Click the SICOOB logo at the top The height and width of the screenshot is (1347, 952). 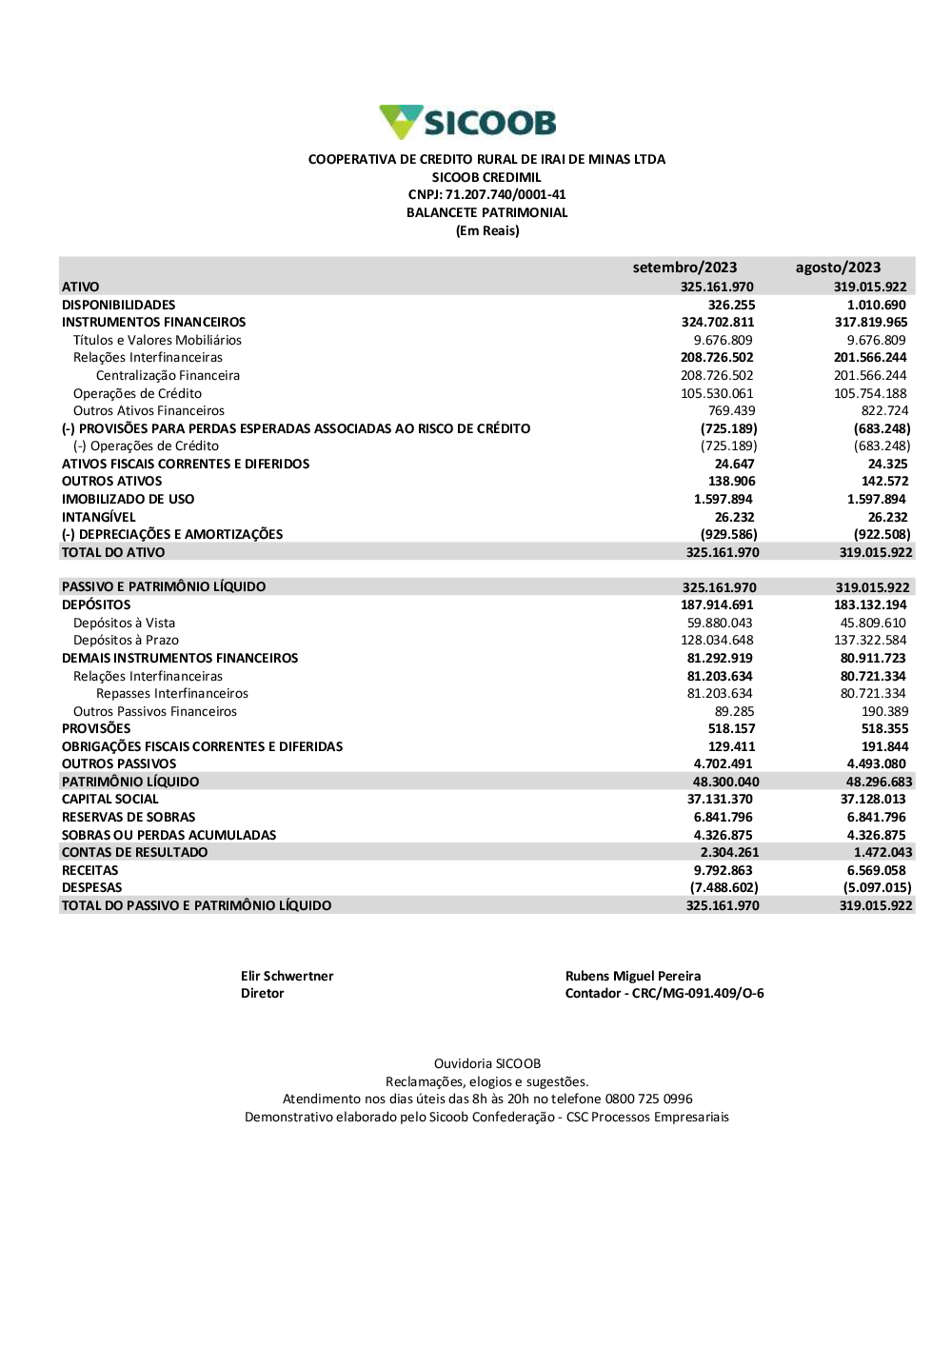[x=467, y=123]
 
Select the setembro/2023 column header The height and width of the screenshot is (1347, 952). [x=684, y=267]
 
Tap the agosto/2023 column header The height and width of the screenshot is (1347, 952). [x=838, y=267]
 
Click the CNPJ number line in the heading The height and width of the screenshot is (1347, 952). [x=486, y=195]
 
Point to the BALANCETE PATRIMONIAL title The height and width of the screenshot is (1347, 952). [x=486, y=213]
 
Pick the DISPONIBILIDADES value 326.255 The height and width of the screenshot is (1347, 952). [x=731, y=305]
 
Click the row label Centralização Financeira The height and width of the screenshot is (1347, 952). [x=168, y=375]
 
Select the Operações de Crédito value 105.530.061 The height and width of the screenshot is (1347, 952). [x=717, y=393]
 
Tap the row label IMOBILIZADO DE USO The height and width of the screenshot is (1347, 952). [x=128, y=499]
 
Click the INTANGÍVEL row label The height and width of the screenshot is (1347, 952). [x=99, y=517]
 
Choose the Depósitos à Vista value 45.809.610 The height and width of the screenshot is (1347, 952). [x=873, y=623]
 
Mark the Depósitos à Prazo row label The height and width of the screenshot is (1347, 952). [x=126, y=641]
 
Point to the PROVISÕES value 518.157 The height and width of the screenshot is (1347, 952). [x=731, y=728]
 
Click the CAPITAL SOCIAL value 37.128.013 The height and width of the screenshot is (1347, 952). [x=873, y=799]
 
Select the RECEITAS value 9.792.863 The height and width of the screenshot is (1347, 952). [x=723, y=870]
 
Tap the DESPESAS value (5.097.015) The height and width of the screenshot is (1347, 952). [x=877, y=887]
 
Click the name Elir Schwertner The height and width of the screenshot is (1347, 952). [x=287, y=976]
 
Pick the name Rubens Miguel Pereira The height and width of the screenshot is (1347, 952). [x=633, y=976]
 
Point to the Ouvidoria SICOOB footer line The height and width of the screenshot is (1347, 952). [x=486, y=1063]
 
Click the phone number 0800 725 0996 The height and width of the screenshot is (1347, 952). [x=649, y=1099]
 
